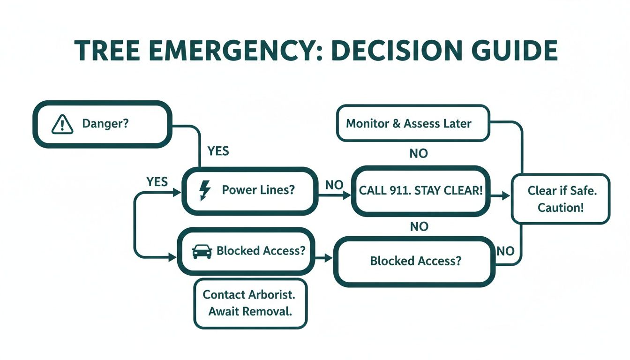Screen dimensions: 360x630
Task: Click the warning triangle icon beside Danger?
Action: [62, 124]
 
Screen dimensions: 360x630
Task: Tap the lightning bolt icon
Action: [205, 190]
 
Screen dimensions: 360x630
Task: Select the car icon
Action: [202, 251]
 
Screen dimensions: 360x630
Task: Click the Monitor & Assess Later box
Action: [413, 123]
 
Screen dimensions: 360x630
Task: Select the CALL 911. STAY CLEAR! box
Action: [420, 191]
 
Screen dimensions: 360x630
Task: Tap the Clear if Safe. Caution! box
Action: [561, 199]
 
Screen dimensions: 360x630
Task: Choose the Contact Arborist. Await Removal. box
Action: [250, 303]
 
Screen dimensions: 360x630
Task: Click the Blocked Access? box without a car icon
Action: [414, 261]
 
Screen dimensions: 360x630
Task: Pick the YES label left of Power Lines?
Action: [157, 182]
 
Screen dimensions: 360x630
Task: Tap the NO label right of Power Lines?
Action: [334, 185]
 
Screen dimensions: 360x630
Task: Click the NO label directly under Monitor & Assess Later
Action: [419, 153]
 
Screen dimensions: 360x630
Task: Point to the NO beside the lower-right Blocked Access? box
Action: [505, 251]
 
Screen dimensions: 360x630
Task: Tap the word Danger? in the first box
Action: [105, 124]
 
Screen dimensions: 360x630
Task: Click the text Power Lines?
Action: [258, 190]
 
